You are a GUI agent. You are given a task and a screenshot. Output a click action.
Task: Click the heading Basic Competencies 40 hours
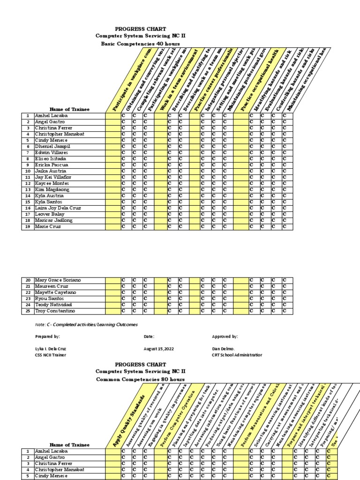[141, 44]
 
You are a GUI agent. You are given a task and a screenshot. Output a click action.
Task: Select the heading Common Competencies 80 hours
[141, 379]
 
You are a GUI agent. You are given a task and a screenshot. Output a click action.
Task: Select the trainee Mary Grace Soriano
[58, 280]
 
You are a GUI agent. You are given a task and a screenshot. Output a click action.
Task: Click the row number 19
[28, 226]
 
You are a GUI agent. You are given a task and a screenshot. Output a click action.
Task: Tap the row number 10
[28, 171]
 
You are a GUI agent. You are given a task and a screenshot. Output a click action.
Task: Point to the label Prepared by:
[48, 337]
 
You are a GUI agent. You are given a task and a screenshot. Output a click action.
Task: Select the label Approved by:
[225, 337]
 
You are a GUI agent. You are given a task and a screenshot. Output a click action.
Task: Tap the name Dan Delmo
[223, 349]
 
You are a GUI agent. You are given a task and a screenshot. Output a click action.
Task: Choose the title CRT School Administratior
[237, 355]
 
